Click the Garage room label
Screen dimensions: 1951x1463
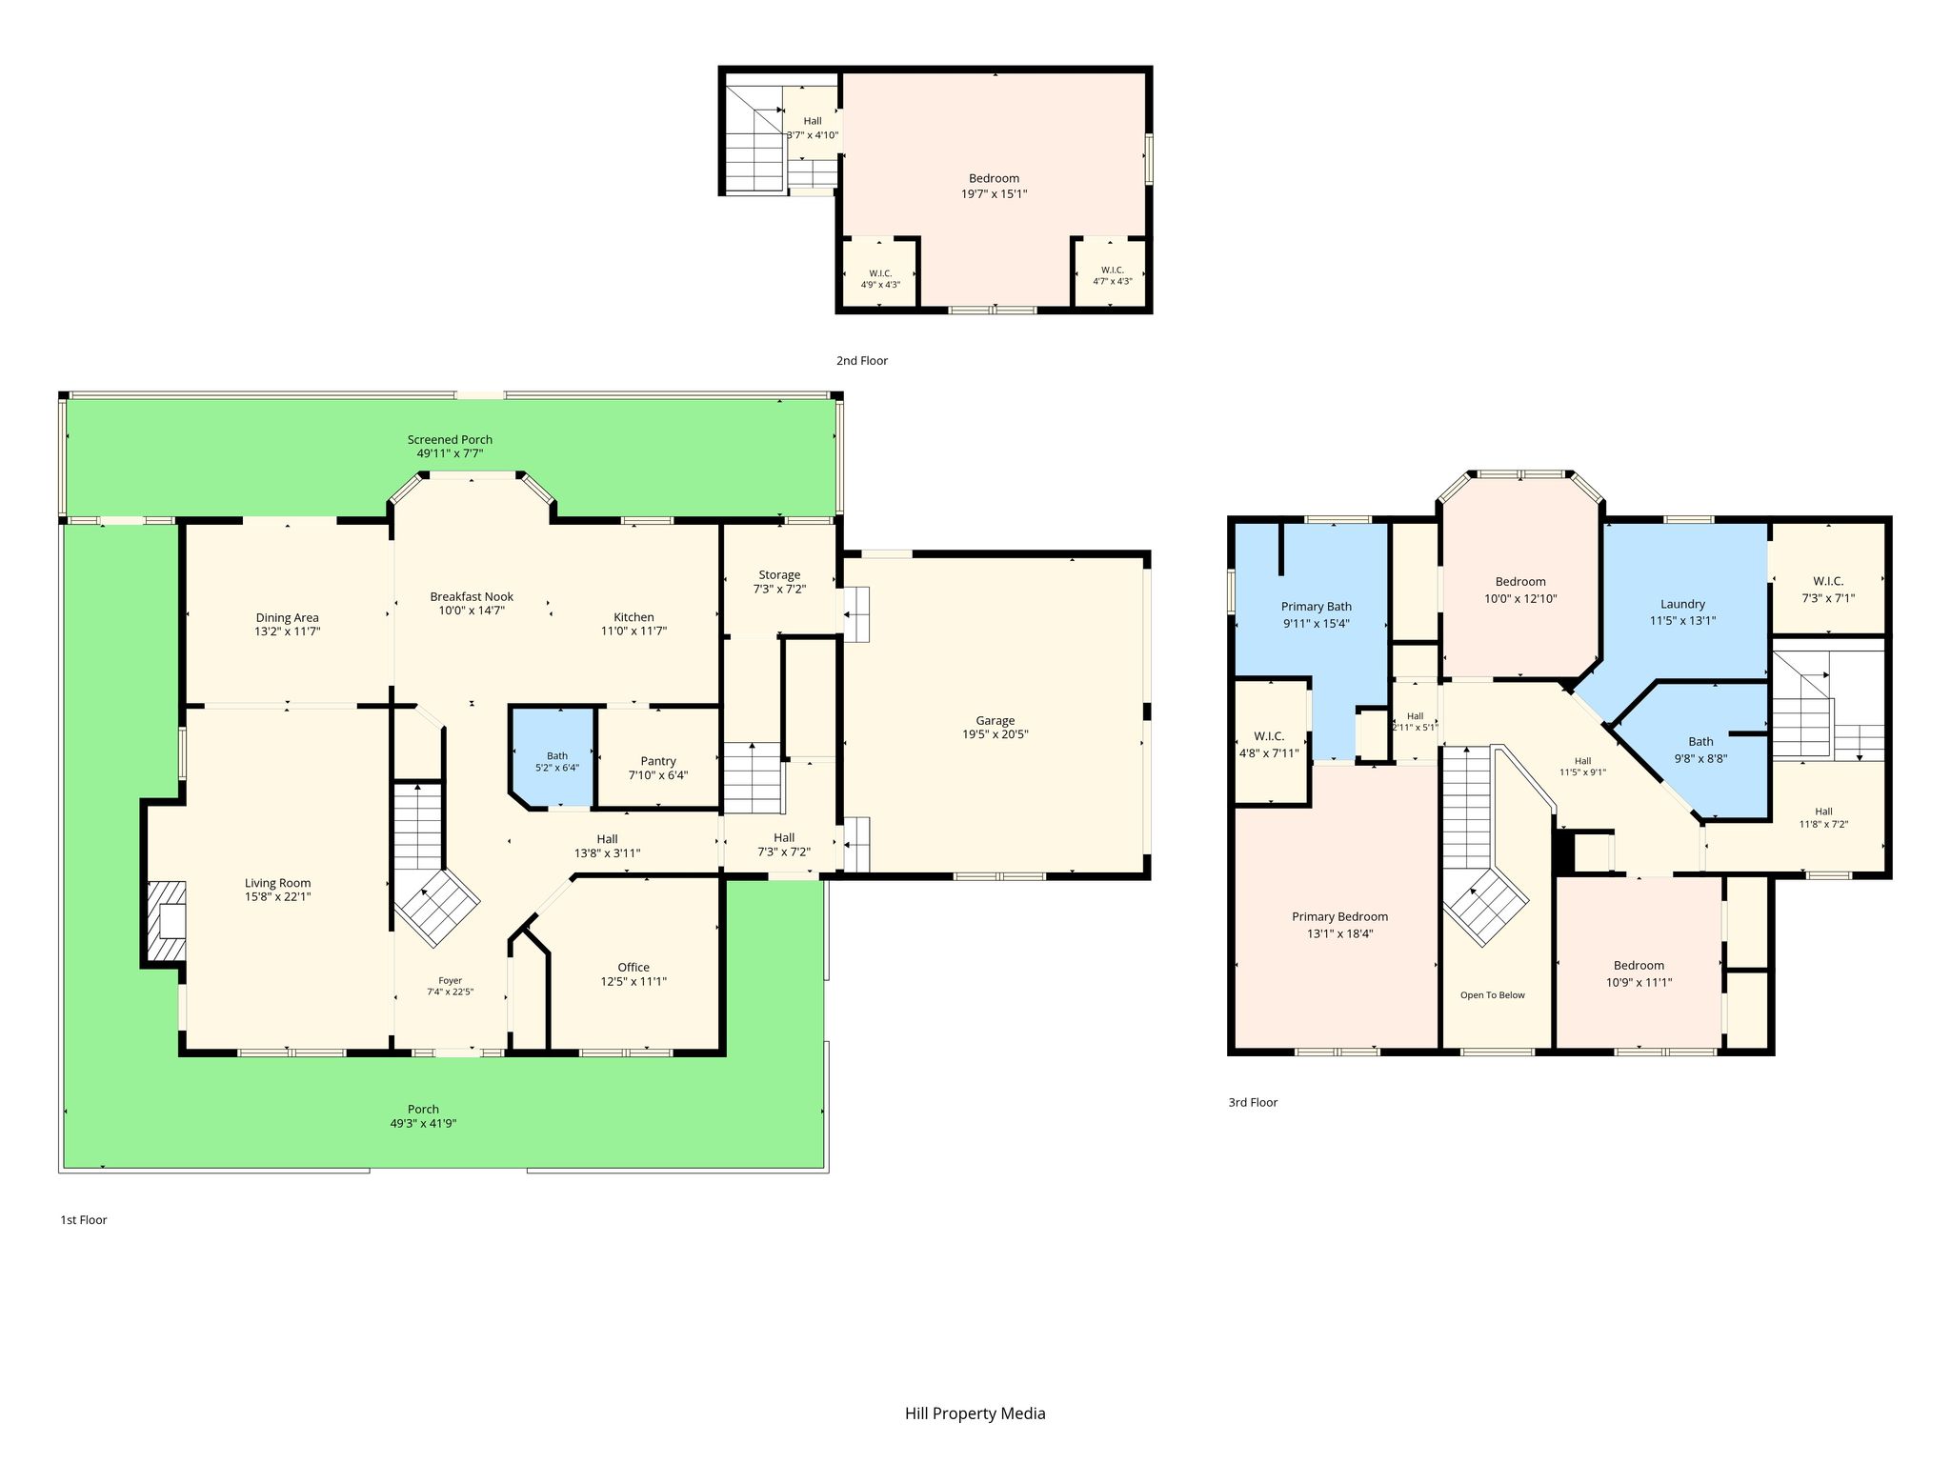tap(995, 721)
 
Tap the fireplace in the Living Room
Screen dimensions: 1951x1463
tap(166, 922)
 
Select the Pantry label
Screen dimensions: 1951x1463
tap(658, 761)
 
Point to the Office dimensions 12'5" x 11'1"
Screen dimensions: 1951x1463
tap(634, 982)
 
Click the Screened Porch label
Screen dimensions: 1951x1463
tap(450, 440)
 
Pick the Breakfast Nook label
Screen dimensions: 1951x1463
tap(472, 597)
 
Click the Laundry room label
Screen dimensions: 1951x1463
tap(1682, 604)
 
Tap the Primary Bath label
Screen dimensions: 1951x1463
tap(1316, 607)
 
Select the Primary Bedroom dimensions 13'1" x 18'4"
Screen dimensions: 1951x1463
tap(1339, 934)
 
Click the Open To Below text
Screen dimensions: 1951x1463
tap(1493, 995)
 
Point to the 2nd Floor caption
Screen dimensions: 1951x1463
tap(861, 361)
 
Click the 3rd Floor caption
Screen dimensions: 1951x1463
tap(1253, 1103)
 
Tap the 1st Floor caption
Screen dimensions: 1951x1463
tap(84, 1220)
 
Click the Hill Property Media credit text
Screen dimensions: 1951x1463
tap(975, 1413)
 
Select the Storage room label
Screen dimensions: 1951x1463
tap(779, 575)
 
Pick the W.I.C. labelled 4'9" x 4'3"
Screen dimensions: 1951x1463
tap(880, 279)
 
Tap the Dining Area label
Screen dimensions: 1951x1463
tap(287, 618)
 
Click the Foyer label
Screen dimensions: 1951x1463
tap(450, 981)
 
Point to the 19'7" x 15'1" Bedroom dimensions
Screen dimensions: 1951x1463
tap(994, 194)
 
